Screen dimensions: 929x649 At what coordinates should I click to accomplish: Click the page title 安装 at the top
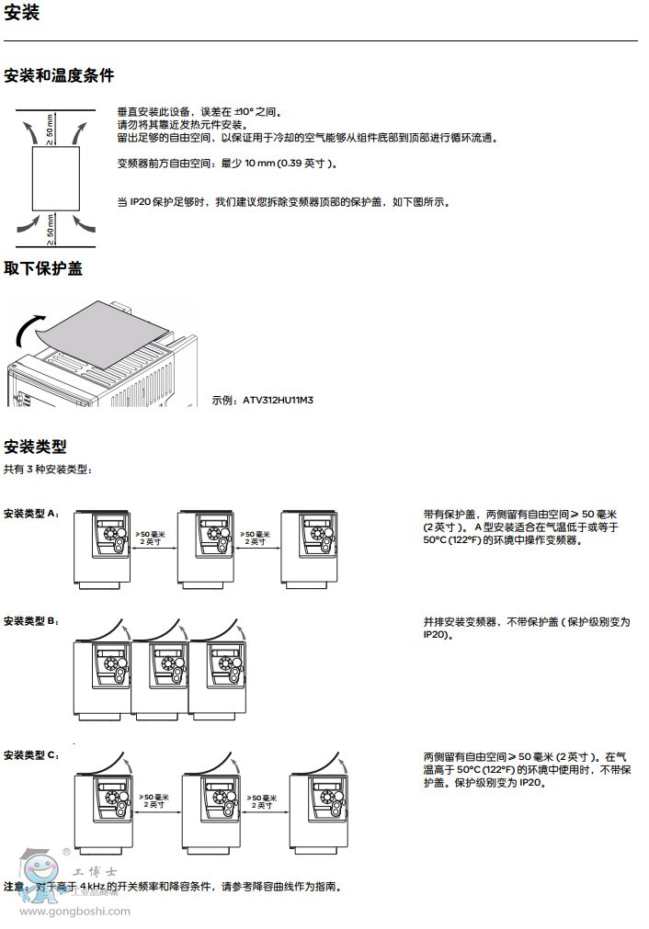[x=22, y=15]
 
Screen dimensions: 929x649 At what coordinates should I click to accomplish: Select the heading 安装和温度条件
[x=59, y=75]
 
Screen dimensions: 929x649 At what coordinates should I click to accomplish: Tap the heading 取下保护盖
[x=43, y=268]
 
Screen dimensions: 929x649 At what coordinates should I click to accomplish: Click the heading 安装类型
[x=36, y=447]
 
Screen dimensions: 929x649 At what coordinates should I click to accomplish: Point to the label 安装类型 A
[x=31, y=514]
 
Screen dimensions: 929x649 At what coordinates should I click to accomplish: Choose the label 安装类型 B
[x=31, y=621]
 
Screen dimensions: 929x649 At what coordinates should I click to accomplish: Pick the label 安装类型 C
[x=31, y=755]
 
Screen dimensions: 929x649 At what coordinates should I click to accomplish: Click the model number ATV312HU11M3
[x=277, y=400]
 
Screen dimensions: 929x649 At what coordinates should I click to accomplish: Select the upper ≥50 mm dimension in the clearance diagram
[x=51, y=130]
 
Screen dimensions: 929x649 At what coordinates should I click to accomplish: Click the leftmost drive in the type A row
[x=102, y=549]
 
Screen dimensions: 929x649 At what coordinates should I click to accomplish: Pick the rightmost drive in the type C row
[x=318, y=810]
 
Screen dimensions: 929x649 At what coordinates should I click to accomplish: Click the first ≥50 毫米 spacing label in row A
[x=152, y=538]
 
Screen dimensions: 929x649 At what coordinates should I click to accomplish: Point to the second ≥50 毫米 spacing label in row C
[x=260, y=800]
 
